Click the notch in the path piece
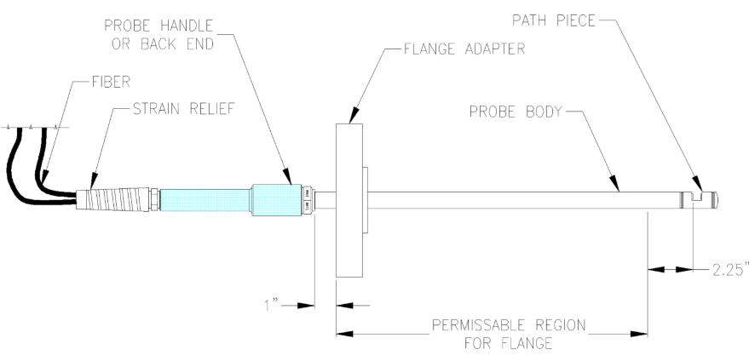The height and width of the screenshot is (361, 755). [x=697, y=198]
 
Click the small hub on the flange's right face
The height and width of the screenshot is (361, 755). [x=366, y=199]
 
